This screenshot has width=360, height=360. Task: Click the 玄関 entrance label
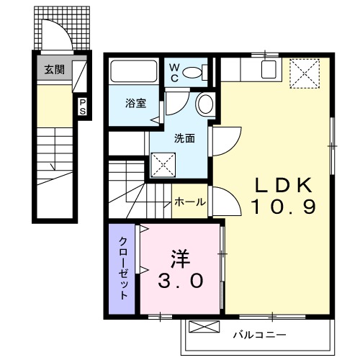pyautogui.click(x=53, y=70)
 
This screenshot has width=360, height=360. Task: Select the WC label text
pyautogui.click(x=174, y=71)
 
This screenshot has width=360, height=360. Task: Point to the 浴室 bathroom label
pyautogui.click(x=137, y=103)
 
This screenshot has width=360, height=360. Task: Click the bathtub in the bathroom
pyautogui.click(x=134, y=73)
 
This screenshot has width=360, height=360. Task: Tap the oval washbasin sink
pyautogui.click(x=204, y=104)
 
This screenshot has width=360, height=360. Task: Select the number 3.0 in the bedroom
pyautogui.click(x=181, y=280)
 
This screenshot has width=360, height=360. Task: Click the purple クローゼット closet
pyautogui.click(x=123, y=268)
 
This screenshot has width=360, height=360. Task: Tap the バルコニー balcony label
pyautogui.click(x=260, y=335)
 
